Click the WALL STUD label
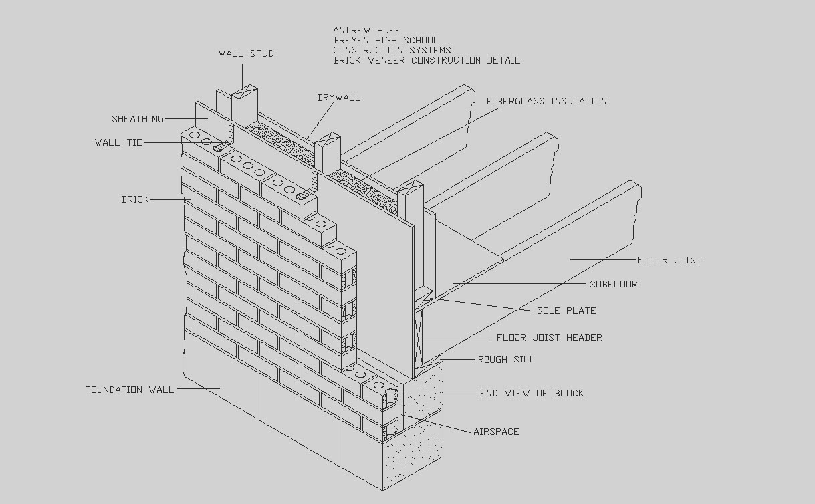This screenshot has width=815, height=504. [246, 53]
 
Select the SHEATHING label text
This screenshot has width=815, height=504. [138, 119]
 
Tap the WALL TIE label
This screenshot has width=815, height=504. [118, 142]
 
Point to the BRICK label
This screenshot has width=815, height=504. [135, 199]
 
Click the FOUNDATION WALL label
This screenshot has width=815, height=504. [129, 390]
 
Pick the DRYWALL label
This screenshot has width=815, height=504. [338, 98]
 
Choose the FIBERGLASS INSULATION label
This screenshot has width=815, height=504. [546, 101]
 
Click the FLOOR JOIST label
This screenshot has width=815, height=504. [669, 260]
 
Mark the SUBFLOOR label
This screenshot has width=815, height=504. [613, 284]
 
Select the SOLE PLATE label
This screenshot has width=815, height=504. [566, 311]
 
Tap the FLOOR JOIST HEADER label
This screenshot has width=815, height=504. [549, 338]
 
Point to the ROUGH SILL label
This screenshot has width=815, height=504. [506, 360]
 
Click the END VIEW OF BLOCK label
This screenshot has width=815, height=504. [532, 393]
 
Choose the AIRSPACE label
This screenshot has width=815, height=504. [496, 432]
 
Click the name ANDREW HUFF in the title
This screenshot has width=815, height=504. [367, 30]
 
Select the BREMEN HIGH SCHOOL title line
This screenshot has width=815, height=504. [386, 40]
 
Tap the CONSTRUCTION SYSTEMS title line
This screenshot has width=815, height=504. [392, 50]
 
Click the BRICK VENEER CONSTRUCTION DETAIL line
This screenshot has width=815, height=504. [427, 60]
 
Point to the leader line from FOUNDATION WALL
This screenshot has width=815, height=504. [199, 388]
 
